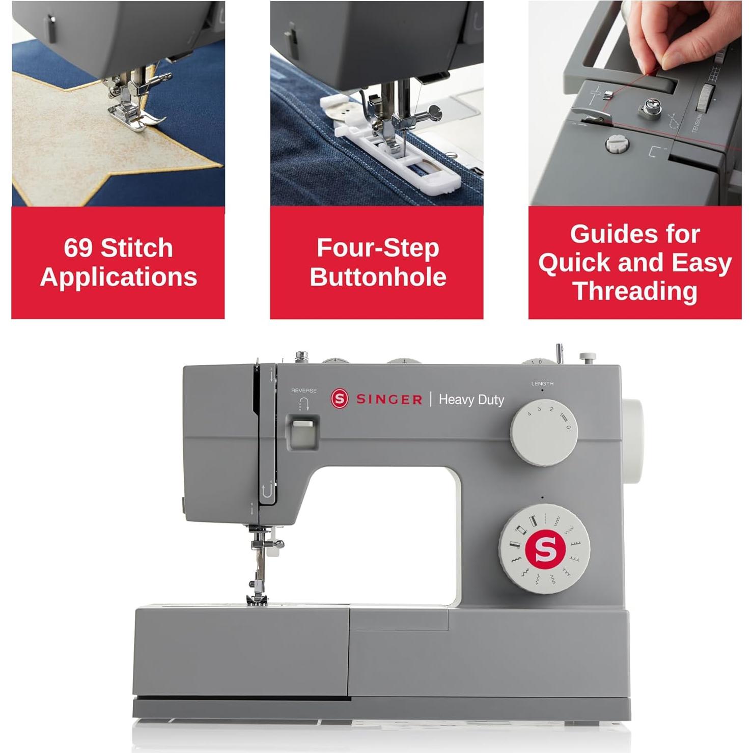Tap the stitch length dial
coord(543,432)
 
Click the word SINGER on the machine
coord(389,400)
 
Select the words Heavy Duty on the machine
coord(471,400)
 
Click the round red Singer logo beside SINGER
coord(340,399)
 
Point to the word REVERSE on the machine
coord(303,391)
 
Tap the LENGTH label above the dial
coord(542,383)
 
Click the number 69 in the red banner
coord(78,248)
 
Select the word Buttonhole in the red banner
coord(378,277)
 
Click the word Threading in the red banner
coord(635,291)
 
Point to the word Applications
coord(118,277)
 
